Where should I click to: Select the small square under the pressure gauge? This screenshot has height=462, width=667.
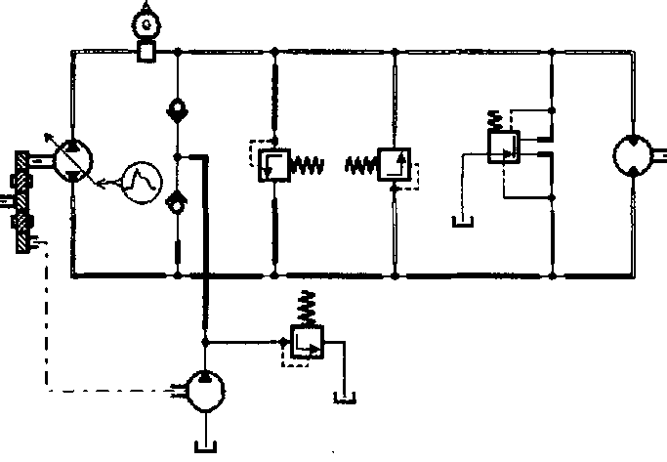pyautogui.click(x=146, y=50)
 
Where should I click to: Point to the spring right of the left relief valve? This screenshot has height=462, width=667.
pyautogui.click(x=308, y=166)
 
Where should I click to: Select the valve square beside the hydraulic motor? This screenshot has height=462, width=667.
pyautogui.click(x=503, y=146)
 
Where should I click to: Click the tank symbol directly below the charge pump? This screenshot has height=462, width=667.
pyautogui.click(x=206, y=447)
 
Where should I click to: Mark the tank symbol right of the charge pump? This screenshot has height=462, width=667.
pyautogui.click(x=343, y=397)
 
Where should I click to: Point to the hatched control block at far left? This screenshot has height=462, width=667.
pyautogui.click(x=20, y=200)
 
